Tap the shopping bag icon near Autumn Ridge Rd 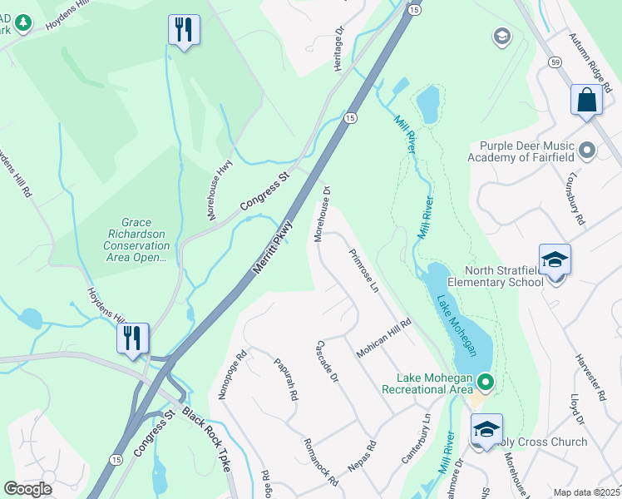[586, 99]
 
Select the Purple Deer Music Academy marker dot [587, 151]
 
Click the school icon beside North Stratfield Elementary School [555, 259]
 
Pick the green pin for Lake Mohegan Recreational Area [485, 383]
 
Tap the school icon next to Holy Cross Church [486, 429]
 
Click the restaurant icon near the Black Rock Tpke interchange [133, 338]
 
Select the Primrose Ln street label [364, 271]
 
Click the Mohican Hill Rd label [384, 338]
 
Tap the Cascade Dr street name [327, 362]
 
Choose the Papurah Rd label [285, 379]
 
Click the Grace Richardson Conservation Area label [136, 240]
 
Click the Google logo [27, 488]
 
